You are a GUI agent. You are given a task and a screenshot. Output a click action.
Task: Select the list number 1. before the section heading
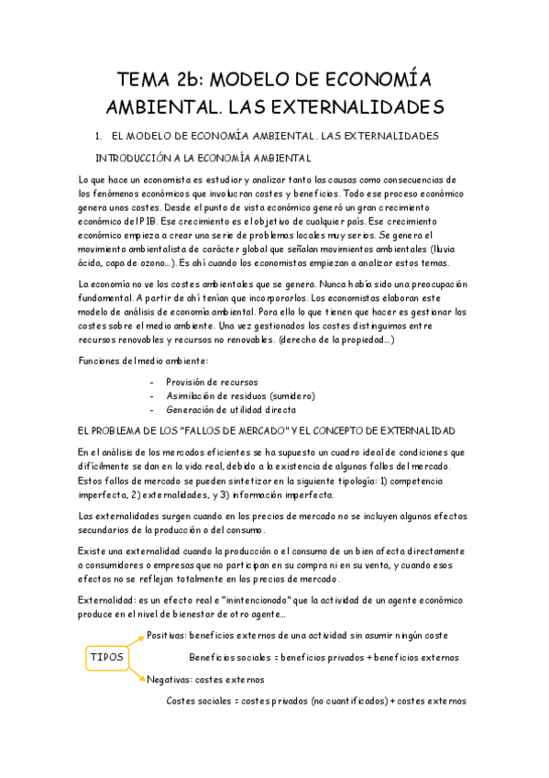click(x=112, y=136)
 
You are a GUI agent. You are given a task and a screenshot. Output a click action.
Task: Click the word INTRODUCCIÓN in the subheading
click(x=150, y=157)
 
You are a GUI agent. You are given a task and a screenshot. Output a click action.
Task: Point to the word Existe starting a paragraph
click(x=93, y=550)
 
